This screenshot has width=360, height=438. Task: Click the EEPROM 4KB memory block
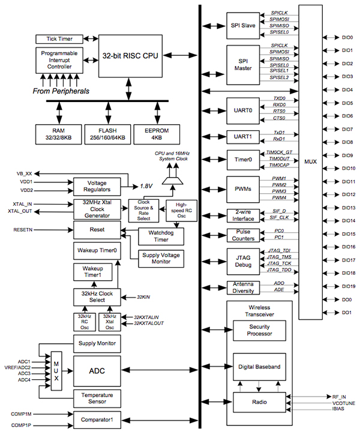(157, 133)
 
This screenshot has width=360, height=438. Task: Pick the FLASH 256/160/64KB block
(108, 133)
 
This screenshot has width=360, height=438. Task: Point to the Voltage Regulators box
(97, 185)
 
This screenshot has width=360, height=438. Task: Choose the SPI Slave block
(242, 26)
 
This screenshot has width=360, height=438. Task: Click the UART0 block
(242, 110)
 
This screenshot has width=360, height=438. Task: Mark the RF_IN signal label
(340, 397)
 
